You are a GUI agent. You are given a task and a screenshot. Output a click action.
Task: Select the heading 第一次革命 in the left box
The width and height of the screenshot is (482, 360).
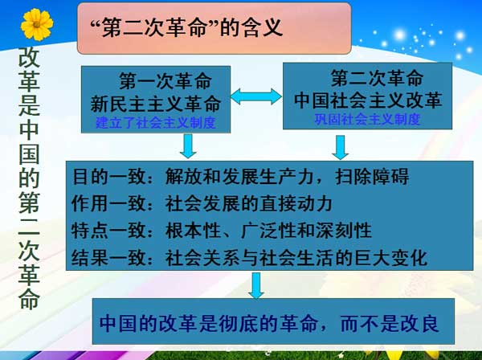click(x=165, y=82)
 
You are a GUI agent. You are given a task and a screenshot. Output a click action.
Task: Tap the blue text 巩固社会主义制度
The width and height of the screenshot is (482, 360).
click(x=367, y=120)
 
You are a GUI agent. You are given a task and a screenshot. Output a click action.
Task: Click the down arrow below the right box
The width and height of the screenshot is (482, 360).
click(x=341, y=145)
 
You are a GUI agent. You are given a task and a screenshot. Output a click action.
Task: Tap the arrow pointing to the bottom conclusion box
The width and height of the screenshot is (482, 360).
click(x=256, y=285)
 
